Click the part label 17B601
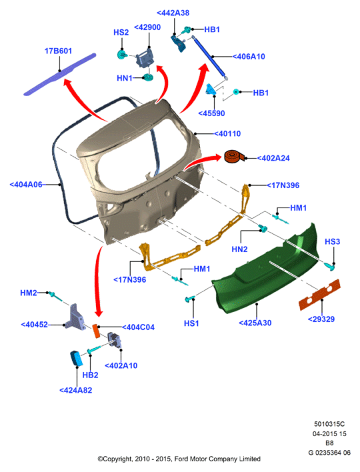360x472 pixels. (59, 51)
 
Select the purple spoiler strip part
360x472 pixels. (59, 75)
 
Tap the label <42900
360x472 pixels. (147, 27)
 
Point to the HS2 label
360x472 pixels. (121, 33)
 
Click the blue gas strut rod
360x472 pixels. (209, 56)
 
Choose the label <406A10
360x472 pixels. (249, 57)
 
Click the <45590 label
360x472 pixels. (211, 113)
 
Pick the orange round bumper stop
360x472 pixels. (235, 157)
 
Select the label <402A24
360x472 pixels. (273, 159)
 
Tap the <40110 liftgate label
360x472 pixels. (227, 133)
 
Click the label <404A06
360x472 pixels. (26, 185)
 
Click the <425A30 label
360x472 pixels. (255, 323)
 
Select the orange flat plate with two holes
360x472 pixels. (319, 295)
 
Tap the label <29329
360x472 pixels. (321, 319)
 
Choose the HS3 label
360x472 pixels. (332, 242)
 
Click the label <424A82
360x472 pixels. (76, 391)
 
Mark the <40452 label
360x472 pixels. (34, 325)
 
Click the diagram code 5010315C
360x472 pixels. (329, 424)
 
